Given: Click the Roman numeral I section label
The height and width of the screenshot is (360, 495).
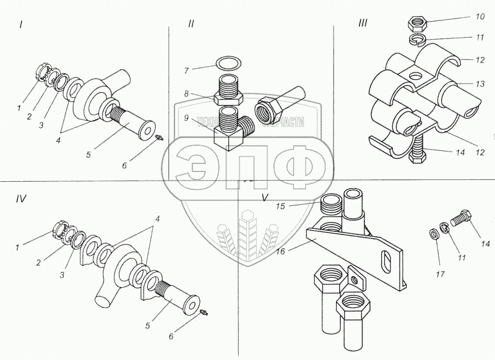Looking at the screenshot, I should [21, 25].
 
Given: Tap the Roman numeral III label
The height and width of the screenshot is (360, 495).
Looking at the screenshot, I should [364, 24].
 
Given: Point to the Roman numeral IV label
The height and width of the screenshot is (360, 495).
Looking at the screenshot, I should [21, 200].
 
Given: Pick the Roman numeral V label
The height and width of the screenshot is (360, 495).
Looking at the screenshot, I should [265, 199].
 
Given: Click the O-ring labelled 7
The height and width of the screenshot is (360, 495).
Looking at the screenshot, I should [228, 63].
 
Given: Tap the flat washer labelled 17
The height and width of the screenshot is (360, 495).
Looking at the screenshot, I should [434, 234].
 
